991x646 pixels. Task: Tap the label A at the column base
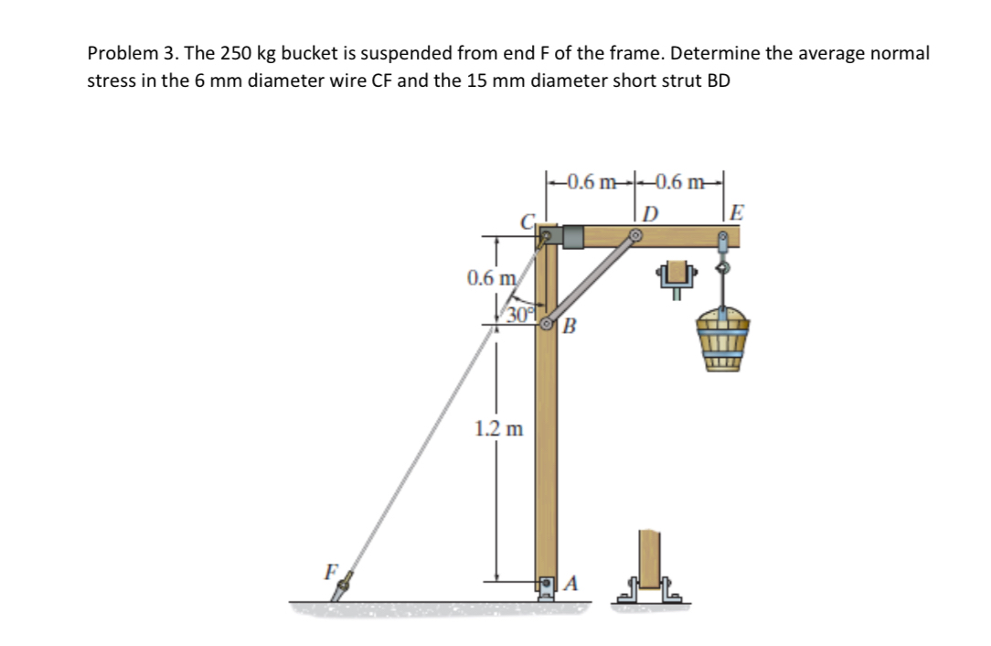pyautogui.click(x=572, y=583)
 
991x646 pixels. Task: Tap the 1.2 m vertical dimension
pyautogui.click(x=499, y=428)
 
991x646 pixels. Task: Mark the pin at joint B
pyautogui.click(x=548, y=324)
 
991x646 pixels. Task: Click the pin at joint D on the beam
pyautogui.click(x=634, y=236)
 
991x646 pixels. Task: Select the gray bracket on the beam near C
pyautogui.click(x=572, y=236)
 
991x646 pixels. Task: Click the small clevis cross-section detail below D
pyautogui.click(x=677, y=278)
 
